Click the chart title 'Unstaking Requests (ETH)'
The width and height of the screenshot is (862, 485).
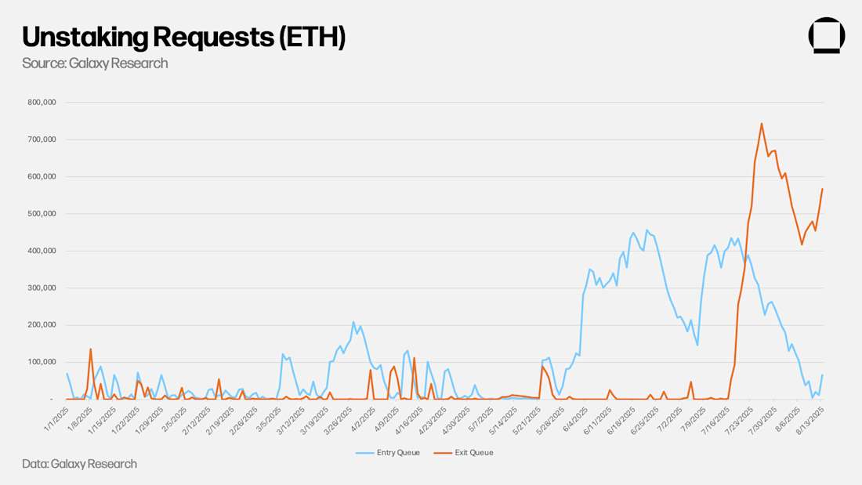[183, 37]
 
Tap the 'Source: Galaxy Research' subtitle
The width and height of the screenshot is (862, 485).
[95, 63]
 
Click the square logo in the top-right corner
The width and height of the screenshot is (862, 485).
[826, 35]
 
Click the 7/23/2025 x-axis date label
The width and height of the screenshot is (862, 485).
[741, 416]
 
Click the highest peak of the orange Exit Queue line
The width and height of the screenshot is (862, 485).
[761, 123]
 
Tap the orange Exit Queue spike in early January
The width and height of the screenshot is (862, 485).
[91, 349]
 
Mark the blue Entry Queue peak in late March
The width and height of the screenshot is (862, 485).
[353, 322]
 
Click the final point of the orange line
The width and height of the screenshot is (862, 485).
[822, 189]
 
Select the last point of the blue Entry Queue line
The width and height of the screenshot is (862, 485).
[822, 375]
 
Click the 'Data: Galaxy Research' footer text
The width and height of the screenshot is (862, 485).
[79, 464]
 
